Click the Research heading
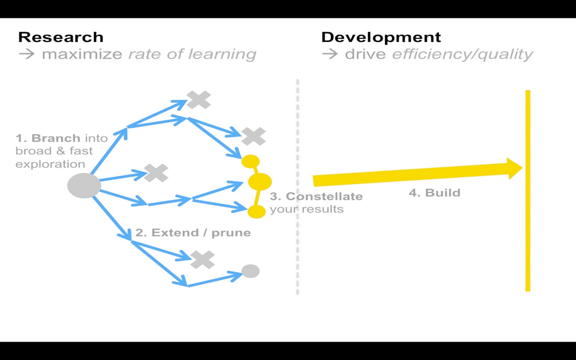point(61,37)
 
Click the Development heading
point(381,37)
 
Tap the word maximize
point(82,54)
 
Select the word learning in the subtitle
point(222,54)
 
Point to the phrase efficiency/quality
point(462,54)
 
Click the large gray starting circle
point(84,185)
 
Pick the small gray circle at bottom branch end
point(250,271)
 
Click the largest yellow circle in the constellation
point(260,181)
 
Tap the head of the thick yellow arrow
point(514,168)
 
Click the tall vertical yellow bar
point(528,191)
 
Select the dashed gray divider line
point(297,187)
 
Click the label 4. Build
point(435,193)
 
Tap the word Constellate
point(324,196)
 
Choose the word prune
point(231,233)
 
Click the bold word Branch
point(56,138)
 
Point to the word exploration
point(50,164)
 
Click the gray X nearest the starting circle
point(156,173)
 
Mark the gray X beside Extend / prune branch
point(203,260)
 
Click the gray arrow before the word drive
point(330,54)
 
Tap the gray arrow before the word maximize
point(27,54)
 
